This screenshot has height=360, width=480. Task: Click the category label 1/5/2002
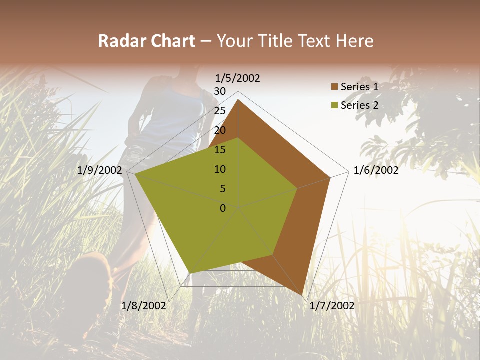pyautogui.click(x=238, y=78)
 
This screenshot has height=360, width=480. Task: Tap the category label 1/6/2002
pyautogui.click(x=376, y=171)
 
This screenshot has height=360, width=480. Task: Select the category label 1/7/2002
pyautogui.click(x=332, y=306)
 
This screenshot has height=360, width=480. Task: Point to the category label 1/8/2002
pyautogui.click(x=144, y=306)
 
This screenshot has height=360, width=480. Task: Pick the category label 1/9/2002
pyautogui.click(x=100, y=171)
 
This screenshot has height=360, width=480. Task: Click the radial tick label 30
pyautogui.click(x=220, y=91)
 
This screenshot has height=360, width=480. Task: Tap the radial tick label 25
pyautogui.click(x=220, y=111)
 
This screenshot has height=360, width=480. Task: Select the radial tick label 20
pyautogui.click(x=220, y=130)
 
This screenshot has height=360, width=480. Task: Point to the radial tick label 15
pyautogui.click(x=220, y=150)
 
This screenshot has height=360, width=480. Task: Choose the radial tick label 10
pyautogui.click(x=220, y=169)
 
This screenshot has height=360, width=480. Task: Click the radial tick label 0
pyautogui.click(x=223, y=208)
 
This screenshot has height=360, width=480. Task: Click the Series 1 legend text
pyautogui.click(x=359, y=87)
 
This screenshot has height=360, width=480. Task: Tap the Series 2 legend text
pyautogui.click(x=359, y=105)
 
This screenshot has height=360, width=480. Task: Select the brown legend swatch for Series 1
pyautogui.click(x=334, y=87)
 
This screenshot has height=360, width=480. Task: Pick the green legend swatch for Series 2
pyautogui.click(x=334, y=106)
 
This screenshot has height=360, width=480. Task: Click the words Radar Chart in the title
pyautogui.click(x=146, y=41)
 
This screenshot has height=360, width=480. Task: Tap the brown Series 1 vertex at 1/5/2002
pyautogui.click(x=238, y=99)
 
